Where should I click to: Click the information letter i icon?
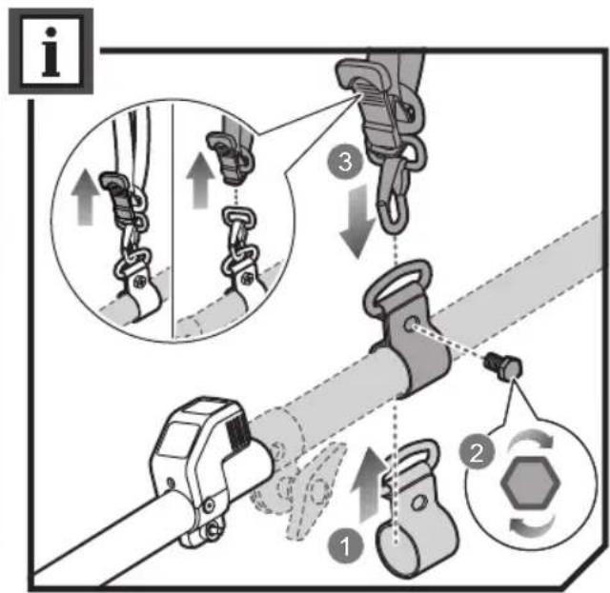coord(51,51)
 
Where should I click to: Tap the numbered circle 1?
coord(345,547)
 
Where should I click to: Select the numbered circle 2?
coord(477,453)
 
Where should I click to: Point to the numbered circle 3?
coord(345,162)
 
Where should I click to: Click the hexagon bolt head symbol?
coord(531,482)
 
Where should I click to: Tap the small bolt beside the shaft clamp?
coord(503,366)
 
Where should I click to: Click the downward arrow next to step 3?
coord(357,220)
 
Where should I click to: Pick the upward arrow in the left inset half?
coord(86,197)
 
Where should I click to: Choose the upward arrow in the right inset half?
coord(200,180)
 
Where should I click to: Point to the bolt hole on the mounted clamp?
coord(410,324)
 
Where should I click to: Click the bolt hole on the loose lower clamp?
coord(419,504)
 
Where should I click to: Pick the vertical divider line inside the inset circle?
coord(172,221)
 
